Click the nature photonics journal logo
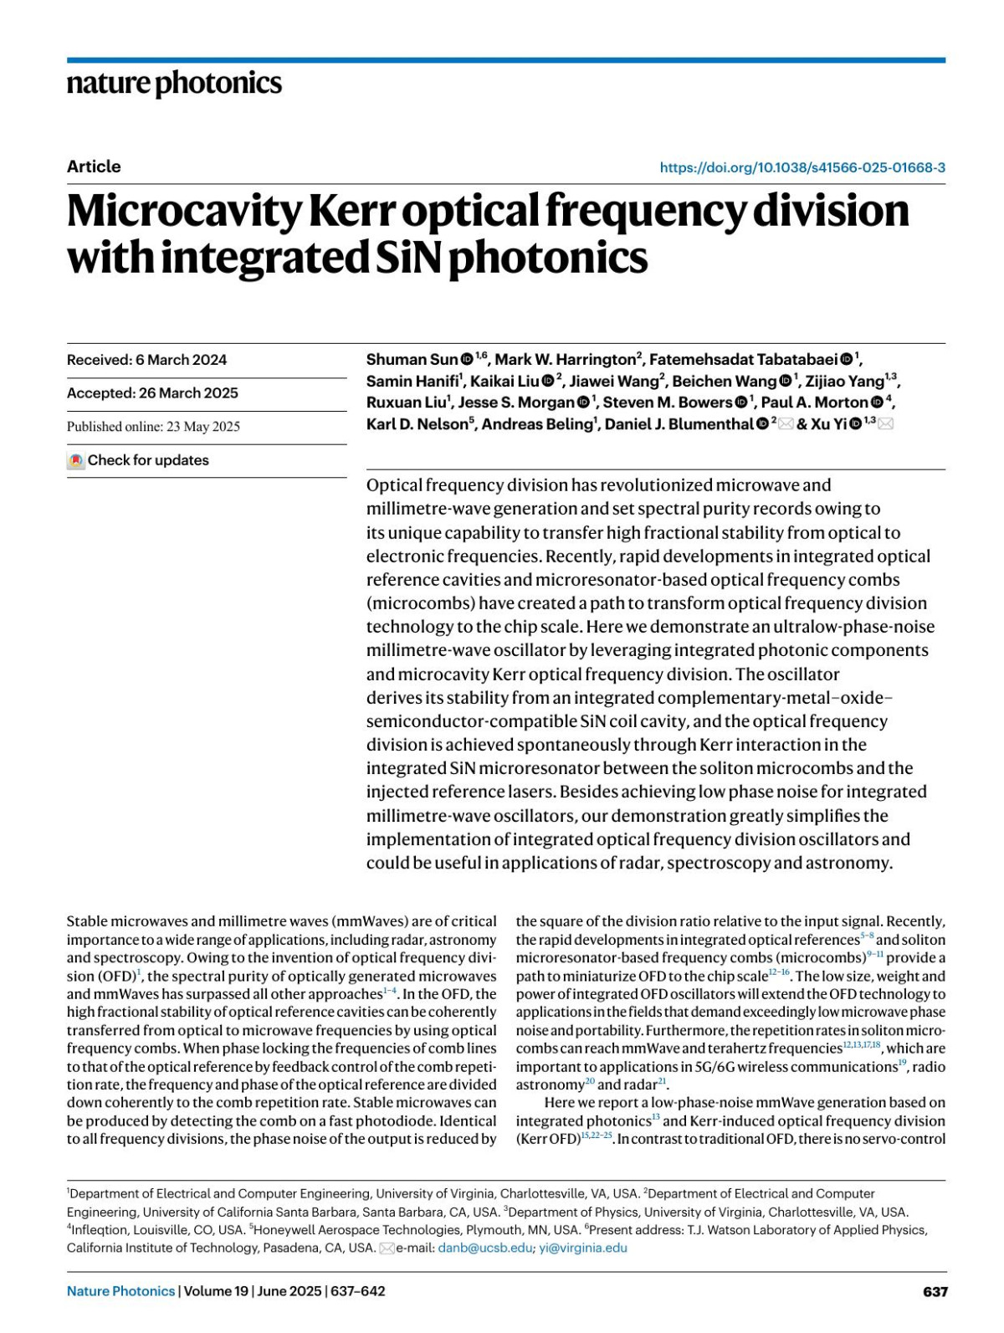174,84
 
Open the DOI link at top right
802,167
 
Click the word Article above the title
94,167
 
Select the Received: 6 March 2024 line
146,360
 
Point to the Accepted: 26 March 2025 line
152,393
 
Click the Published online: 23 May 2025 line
153,427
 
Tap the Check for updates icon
76,460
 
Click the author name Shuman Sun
412,360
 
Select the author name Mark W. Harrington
565,360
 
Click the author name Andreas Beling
536,424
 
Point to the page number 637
935,1292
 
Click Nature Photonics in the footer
121,1291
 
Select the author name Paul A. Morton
814,402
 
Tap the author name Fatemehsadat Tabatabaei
743,360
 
